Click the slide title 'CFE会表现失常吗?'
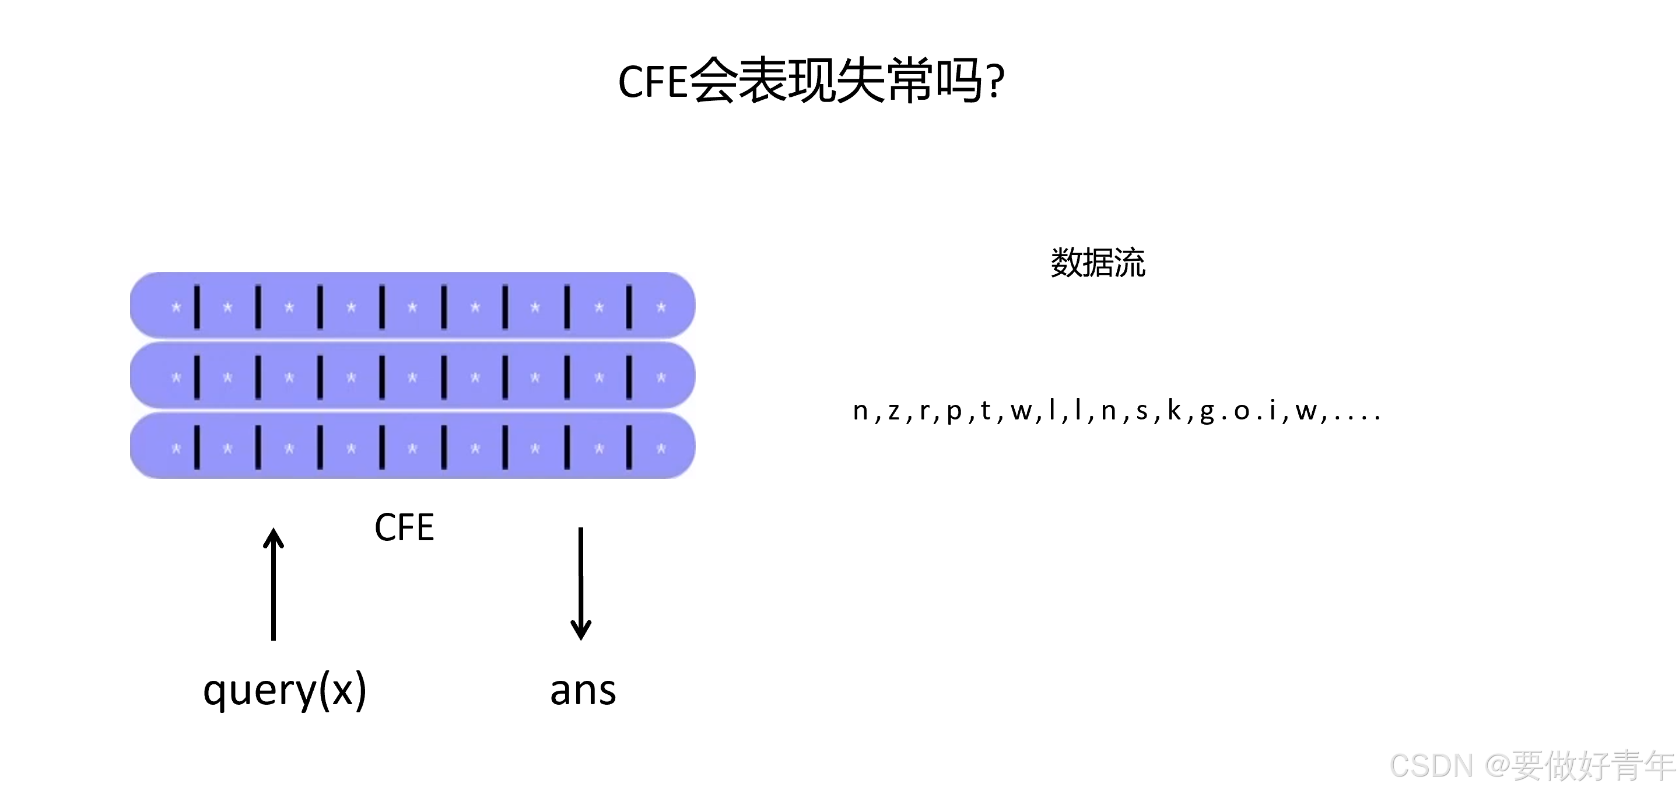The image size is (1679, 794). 811,82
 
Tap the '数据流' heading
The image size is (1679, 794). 1098,263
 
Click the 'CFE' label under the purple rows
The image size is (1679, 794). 404,527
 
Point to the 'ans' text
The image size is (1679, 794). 583,691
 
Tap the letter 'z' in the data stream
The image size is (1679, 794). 893,411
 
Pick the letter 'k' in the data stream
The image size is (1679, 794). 1175,410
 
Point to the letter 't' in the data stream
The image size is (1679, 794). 986,410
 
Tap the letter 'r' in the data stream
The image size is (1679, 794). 924,411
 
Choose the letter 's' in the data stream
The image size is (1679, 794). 1142,411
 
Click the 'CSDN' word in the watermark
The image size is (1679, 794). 1431,765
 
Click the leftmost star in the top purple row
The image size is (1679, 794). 176,307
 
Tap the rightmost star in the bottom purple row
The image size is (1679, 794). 661,449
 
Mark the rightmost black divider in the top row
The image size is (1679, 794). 629,306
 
